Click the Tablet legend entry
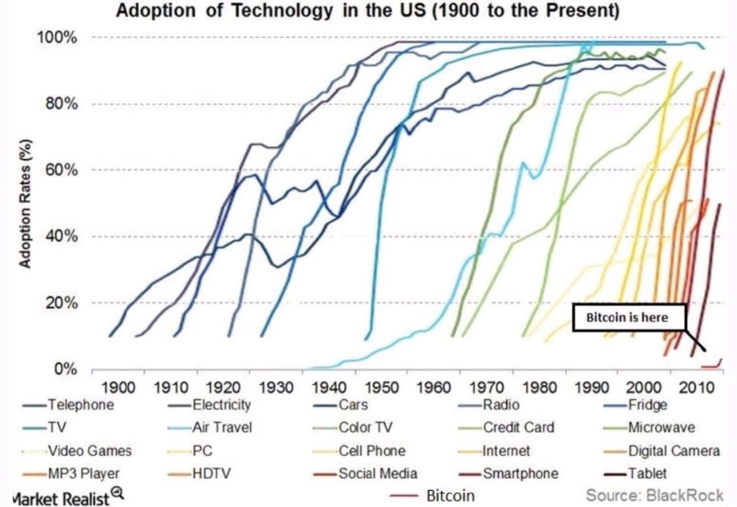coord(648,474)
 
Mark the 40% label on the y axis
coord(67,237)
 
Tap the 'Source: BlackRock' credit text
coord(654,495)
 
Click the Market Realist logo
coord(62,496)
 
